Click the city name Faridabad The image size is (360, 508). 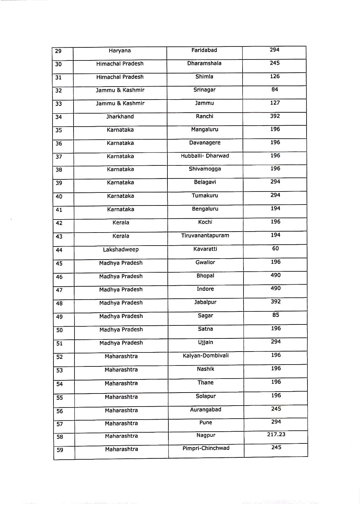[x=204, y=50]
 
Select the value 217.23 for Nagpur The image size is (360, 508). [x=276, y=434]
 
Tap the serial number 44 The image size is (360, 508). [x=59, y=250]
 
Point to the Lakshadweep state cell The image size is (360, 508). [x=121, y=249]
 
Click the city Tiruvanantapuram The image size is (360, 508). [x=205, y=235]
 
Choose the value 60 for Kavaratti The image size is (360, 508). [x=275, y=248]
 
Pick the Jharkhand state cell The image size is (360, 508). [x=120, y=116]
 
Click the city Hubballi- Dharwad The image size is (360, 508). [x=205, y=156]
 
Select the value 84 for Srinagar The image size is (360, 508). [x=275, y=89]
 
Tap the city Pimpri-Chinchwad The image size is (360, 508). [x=206, y=448]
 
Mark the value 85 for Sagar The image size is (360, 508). [x=276, y=315]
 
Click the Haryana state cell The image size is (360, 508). [x=120, y=51]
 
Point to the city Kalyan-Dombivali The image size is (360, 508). [x=206, y=355]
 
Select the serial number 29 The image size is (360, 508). [x=58, y=51]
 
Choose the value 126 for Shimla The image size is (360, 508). [x=275, y=76]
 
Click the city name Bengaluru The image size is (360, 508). [x=205, y=209]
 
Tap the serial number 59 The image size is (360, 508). [x=60, y=450]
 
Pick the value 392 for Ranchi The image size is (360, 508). [x=275, y=116]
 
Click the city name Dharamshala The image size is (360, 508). [x=204, y=63]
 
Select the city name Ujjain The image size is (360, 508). [x=206, y=342]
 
